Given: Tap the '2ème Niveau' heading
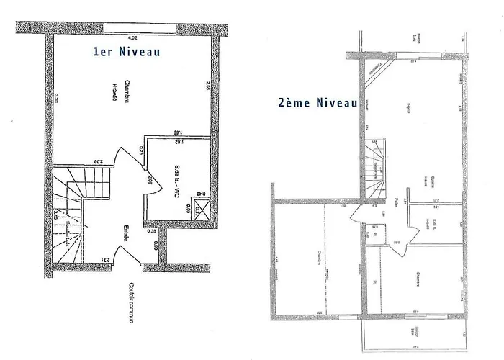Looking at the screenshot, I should [318, 103].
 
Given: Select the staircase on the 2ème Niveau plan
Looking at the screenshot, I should [378, 168].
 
